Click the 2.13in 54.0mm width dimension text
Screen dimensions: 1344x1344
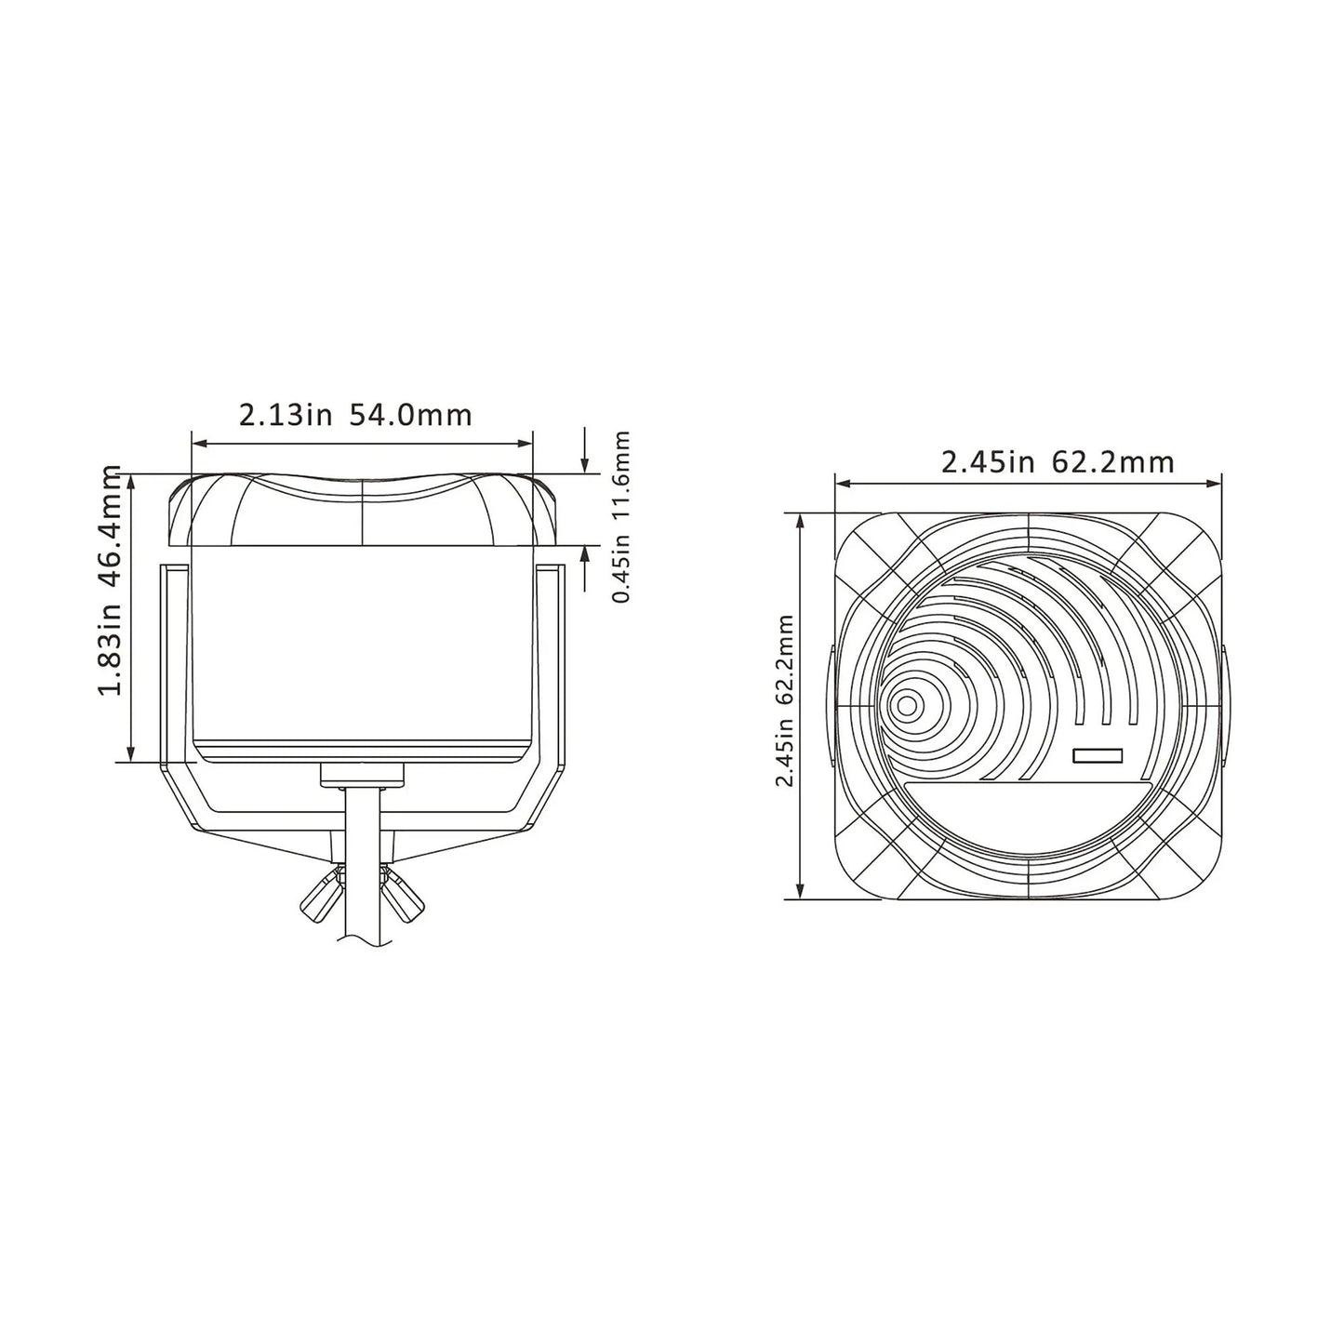(355, 415)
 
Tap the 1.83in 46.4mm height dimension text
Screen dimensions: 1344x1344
(113, 579)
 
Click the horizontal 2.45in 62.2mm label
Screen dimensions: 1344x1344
(1057, 461)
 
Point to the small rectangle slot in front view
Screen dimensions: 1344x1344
(1098, 756)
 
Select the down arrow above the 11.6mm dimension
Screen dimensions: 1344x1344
(584, 462)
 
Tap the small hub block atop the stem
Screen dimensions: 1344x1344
(362, 774)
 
